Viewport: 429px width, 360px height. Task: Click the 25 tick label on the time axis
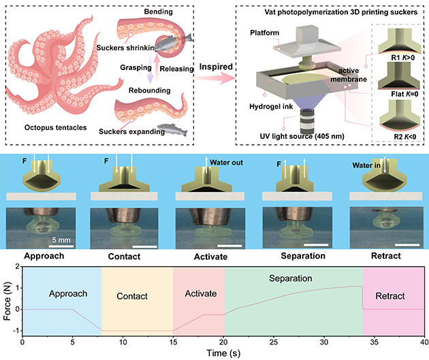[x=272, y=342]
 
